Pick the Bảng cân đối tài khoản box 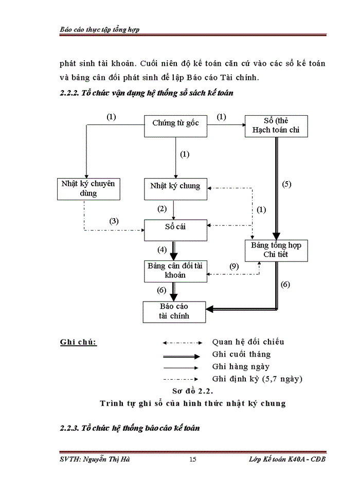click(x=175, y=271)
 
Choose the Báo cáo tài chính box click(x=174, y=311)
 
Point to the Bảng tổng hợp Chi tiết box click(x=276, y=250)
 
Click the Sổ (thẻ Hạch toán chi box click(x=276, y=126)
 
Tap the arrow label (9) click(x=233, y=267)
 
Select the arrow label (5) click(x=287, y=184)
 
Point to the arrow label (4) click(x=163, y=250)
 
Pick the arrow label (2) click(x=163, y=209)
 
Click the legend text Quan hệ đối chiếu click(x=248, y=342)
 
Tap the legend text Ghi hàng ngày click(x=241, y=367)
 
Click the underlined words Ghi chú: click(x=78, y=342)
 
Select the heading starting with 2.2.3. click(x=130, y=428)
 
